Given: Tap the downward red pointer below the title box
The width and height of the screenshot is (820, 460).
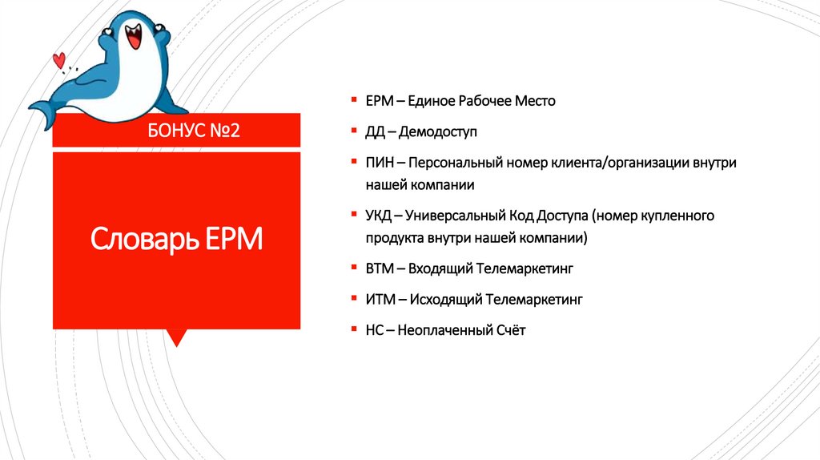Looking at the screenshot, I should pyautogui.click(x=177, y=337).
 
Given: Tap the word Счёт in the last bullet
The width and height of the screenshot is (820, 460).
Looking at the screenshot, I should pyautogui.click(x=509, y=329).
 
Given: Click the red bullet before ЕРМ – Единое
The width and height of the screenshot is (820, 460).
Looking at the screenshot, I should pyautogui.click(x=353, y=100).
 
